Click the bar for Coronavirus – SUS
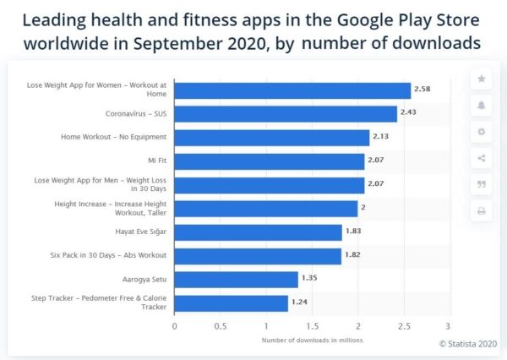pos(286,113)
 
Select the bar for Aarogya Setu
pos(236,280)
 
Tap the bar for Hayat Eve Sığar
pos(258,232)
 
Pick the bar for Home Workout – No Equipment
pos(271,137)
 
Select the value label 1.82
pos(354,254)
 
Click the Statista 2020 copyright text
pos(469,343)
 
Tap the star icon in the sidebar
pos(482,79)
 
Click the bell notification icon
pos(482,106)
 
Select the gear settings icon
pos(482,132)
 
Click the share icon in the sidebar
pos(482,158)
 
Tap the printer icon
pos(482,211)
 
